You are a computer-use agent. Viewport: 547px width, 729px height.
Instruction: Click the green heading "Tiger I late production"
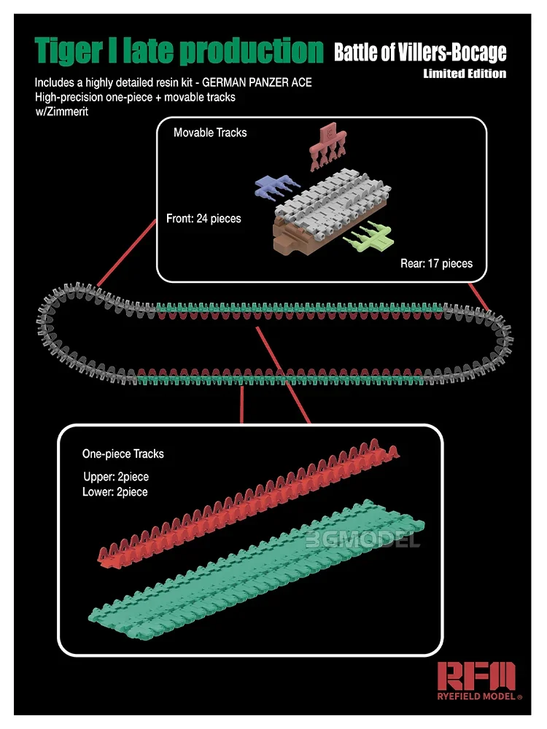[179, 50]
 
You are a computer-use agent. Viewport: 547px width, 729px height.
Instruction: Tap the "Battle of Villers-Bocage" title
[420, 52]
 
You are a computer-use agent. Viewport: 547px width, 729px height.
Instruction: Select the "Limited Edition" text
[465, 74]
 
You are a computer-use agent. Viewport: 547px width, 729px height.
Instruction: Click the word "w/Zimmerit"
[62, 112]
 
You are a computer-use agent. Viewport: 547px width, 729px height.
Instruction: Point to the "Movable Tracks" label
[210, 133]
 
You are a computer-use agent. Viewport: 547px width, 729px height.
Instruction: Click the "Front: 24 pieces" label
[203, 219]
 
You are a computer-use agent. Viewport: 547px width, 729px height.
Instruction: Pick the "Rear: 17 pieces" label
[436, 264]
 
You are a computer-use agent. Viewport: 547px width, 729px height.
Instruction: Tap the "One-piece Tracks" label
[123, 453]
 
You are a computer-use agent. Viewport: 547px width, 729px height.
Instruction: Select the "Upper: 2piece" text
[116, 477]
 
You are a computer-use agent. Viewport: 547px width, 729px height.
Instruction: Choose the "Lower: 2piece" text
[115, 492]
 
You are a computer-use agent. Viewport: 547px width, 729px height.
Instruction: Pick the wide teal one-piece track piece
[256, 569]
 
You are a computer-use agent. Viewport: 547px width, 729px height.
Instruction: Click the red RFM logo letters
[476, 676]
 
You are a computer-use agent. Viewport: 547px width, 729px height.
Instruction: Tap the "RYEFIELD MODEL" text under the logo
[477, 696]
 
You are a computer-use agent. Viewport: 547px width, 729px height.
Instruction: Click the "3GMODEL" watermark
[362, 539]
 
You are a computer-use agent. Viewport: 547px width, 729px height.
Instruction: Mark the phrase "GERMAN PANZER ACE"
[257, 83]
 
